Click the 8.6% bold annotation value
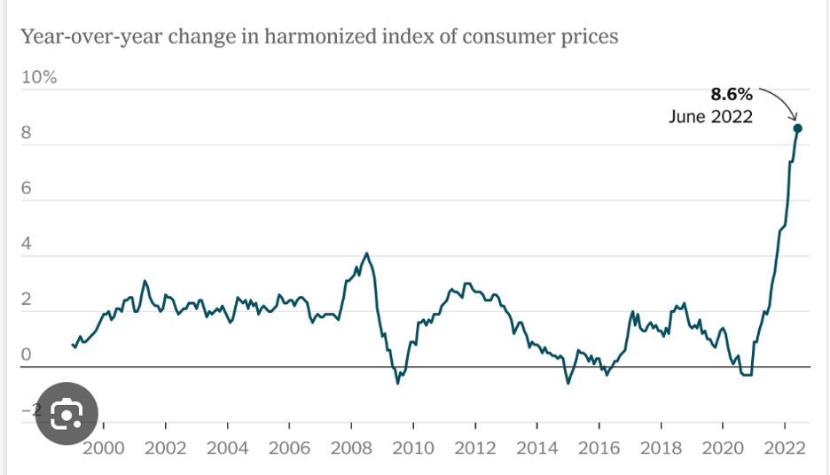tap(731, 93)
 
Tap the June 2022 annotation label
tap(710, 116)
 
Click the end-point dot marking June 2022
tap(797, 128)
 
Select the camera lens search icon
tap(67, 412)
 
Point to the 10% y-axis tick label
tap(39, 77)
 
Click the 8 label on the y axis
tap(27, 133)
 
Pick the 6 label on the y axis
tap(27, 189)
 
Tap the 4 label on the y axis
tap(27, 244)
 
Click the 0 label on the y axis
tap(27, 355)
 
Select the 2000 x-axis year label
tap(103, 448)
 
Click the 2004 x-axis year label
tap(227, 448)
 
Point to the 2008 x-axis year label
tap(351, 448)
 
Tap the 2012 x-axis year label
tap(475, 448)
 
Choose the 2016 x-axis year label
tap(599, 448)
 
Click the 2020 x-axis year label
tap(724, 448)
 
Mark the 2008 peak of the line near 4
tap(367, 253)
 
